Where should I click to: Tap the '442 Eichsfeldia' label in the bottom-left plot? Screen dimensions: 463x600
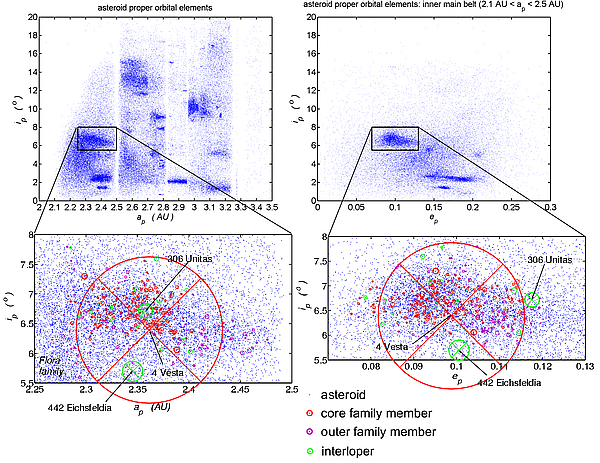pos(81,408)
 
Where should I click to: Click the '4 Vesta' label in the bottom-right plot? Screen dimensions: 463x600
pos(395,347)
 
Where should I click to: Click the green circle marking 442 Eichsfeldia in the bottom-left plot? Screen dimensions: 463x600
pos(133,371)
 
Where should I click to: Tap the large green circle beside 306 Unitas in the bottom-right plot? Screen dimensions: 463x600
pos(531,299)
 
